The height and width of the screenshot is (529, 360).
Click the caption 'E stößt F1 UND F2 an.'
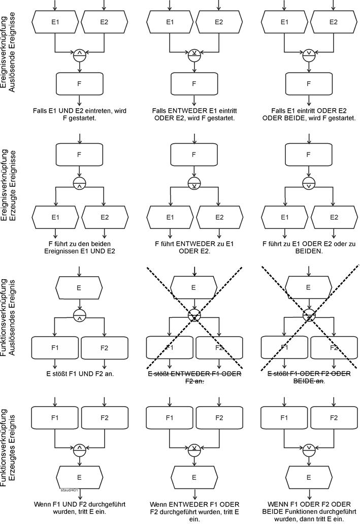pos(79,374)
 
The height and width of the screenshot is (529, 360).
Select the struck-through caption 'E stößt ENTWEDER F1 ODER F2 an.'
pos(193,377)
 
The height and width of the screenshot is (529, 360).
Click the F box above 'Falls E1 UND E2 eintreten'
pos(79,84)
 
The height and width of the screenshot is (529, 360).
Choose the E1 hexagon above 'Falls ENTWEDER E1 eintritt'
pos(170,22)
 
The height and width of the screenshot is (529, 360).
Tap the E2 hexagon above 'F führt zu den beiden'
pos(104,217)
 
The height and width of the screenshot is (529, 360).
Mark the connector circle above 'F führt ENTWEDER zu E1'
pos(194,183)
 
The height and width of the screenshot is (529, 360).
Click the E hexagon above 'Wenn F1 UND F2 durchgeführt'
pos(79,477)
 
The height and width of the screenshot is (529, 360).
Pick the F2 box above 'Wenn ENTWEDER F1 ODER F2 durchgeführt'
pos(219,418)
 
